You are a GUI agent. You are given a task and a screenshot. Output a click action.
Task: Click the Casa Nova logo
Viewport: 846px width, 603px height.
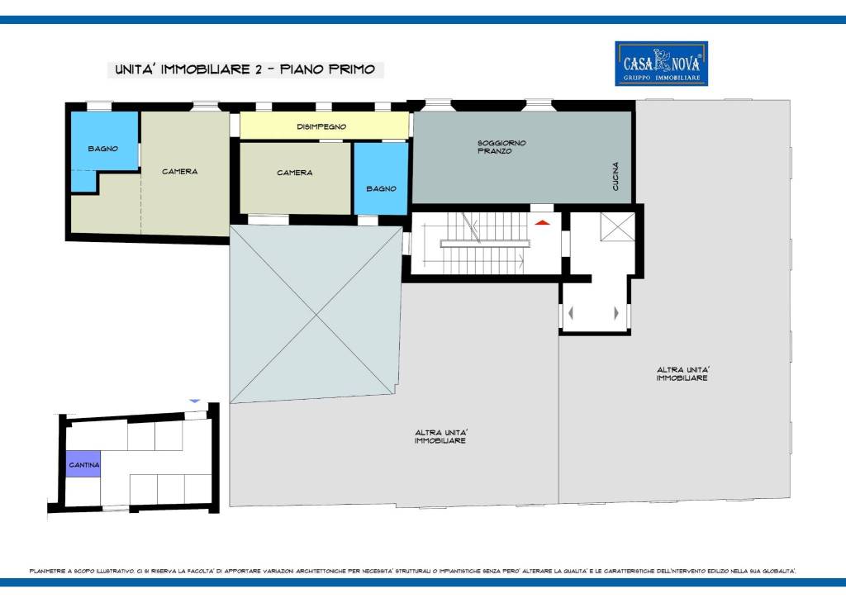(x=661, y=64)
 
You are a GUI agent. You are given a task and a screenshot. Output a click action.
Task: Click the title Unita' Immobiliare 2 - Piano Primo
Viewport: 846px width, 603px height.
(x=245, y=69)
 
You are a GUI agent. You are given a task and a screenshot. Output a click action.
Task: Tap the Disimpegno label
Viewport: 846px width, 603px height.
(x=321, y=126)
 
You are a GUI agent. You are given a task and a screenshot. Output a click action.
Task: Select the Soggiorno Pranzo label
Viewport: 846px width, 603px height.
(x=501, y=147)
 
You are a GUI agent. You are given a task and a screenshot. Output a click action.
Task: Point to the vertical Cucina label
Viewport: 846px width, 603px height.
(x=615, y=176)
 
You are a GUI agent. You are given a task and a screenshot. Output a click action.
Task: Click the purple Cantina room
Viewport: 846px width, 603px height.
(x=83, y=464)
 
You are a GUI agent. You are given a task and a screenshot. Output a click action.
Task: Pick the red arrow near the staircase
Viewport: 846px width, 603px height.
(x=542, y=222)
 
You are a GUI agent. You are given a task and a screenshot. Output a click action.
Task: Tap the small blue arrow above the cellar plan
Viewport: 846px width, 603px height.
(x=195, y=401)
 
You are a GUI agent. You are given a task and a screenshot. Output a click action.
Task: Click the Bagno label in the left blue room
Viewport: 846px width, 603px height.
(x=103, y=149)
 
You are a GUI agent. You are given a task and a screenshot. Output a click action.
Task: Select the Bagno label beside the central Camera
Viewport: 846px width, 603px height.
(x=381, y=189)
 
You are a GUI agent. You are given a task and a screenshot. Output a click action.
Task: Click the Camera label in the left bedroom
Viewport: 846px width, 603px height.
(x=179, y=172)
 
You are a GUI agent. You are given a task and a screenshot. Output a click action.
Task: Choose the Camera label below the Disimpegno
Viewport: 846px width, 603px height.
(x=295, y=173)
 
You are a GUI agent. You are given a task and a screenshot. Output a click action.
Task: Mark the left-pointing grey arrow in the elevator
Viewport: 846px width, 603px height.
(x=571, y=312)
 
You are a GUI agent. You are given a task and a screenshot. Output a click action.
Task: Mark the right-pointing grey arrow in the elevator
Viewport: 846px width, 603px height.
(x=616, y=312)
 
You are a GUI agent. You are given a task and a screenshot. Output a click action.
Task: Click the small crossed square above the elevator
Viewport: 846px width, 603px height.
(x=617, y=227)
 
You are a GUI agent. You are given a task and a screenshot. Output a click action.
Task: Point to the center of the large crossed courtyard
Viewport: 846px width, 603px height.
(x=316, y=314)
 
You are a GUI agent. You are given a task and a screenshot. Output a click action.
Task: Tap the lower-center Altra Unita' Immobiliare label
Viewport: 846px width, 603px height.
(x=441, y=436)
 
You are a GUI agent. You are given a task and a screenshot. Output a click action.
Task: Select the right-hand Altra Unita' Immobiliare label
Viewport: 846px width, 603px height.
(x=682, y=373)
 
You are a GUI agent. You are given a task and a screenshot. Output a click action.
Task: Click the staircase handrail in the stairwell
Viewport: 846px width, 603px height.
(x=485, y=244)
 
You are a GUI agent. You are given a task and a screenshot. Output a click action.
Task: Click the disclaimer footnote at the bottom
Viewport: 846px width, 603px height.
(x=413, y=571)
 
